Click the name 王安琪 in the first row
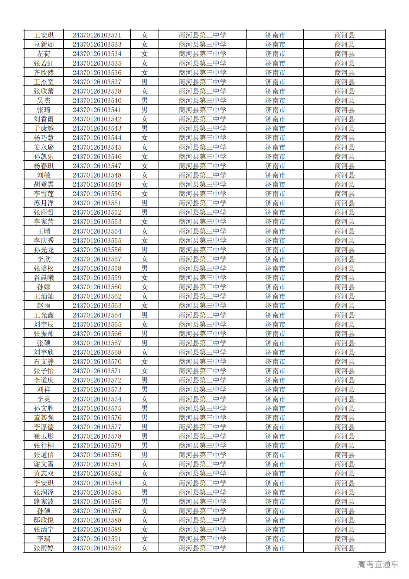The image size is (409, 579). click(44, 35)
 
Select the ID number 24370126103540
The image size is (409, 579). click(97, 101)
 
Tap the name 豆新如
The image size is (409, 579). click(44, 45)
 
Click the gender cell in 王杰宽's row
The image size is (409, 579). click(144, 82)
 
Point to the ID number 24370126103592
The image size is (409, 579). click(97, 548)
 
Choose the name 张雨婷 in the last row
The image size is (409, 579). click(44, 548)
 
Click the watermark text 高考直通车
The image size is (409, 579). click(378, 565)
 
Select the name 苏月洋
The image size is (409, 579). click(44, 203)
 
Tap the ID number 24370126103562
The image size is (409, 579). click(97, 296)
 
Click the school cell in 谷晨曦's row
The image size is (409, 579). click(202, 278)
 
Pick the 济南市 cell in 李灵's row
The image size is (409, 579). click(275, 399)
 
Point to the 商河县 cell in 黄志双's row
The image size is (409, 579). click(344, 474)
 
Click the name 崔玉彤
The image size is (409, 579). click(44, 436)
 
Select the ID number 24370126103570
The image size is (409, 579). click(97, 362)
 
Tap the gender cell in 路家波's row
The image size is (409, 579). click(144, 502)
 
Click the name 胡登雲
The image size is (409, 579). click(44, 185)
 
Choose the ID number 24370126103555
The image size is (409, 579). click(97, 241)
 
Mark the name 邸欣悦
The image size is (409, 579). click(44, 520)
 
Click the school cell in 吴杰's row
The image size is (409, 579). click(202, 101)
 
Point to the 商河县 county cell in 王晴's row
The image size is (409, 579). click(344, 231)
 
